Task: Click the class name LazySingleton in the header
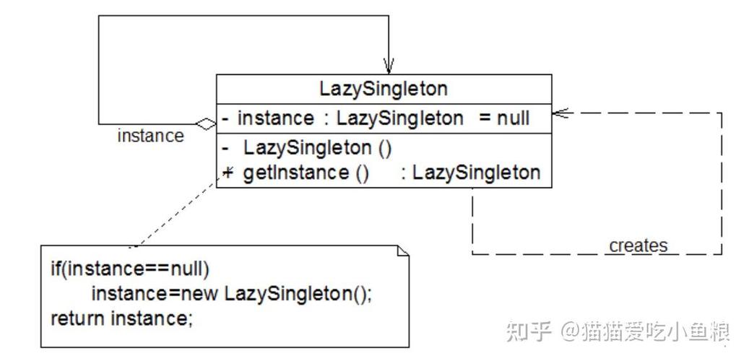tap(383, 89)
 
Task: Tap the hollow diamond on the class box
tap(207, 124)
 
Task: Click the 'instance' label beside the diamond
tap(150, 136)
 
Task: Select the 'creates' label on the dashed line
tap(638, 245)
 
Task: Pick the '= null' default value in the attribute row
tap(504, 118)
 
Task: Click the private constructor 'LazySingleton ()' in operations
tap(317, 149)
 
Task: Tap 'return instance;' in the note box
tap(121, 318)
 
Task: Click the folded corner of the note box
tap(403, 251)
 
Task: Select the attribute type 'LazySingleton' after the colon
tap(399, 118)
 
